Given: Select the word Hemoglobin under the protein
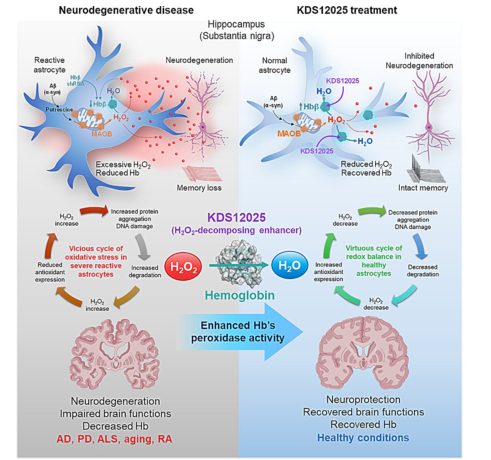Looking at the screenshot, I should pos(240,295).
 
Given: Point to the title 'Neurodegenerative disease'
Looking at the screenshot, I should pos(126,10).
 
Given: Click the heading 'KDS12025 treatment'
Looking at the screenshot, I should pos(347,10).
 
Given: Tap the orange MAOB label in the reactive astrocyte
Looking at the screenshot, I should pos(101,134).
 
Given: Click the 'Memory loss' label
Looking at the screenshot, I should pos(199,188).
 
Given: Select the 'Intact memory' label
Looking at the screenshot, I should pos(423,188).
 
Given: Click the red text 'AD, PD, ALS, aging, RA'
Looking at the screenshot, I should pos(114,439).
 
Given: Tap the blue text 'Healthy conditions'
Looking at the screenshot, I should pos(363,438).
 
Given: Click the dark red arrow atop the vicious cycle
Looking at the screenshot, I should pos(94,211).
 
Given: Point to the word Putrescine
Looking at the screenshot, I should pos(59,110).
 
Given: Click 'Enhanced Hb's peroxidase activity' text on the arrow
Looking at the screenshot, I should pos(238,331).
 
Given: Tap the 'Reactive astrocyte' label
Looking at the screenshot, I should pos(49,65).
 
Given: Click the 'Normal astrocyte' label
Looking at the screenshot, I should pos(274,65).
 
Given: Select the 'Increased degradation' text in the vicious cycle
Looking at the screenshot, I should pos(145,271).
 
